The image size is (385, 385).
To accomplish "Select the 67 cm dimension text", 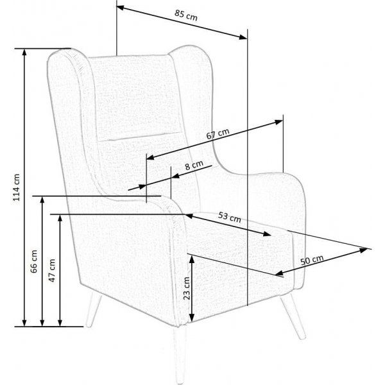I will tap(218, 135).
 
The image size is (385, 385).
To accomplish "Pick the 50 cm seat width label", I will tap(311, 260).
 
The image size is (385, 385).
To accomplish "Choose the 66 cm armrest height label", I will tap(35, 261).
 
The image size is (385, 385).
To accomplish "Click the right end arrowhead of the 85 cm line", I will tap(245, 36).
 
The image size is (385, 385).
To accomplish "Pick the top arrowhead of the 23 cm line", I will tap(191, 257).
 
